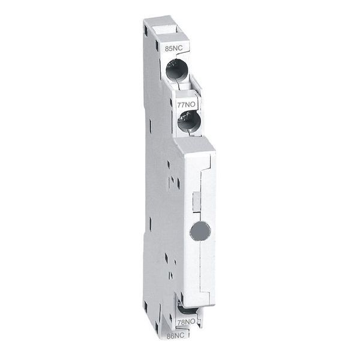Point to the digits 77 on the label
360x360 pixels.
[x=181, y=103]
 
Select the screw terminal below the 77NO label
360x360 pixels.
[x=190, y=122]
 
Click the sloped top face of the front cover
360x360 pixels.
[x=196, y=147]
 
